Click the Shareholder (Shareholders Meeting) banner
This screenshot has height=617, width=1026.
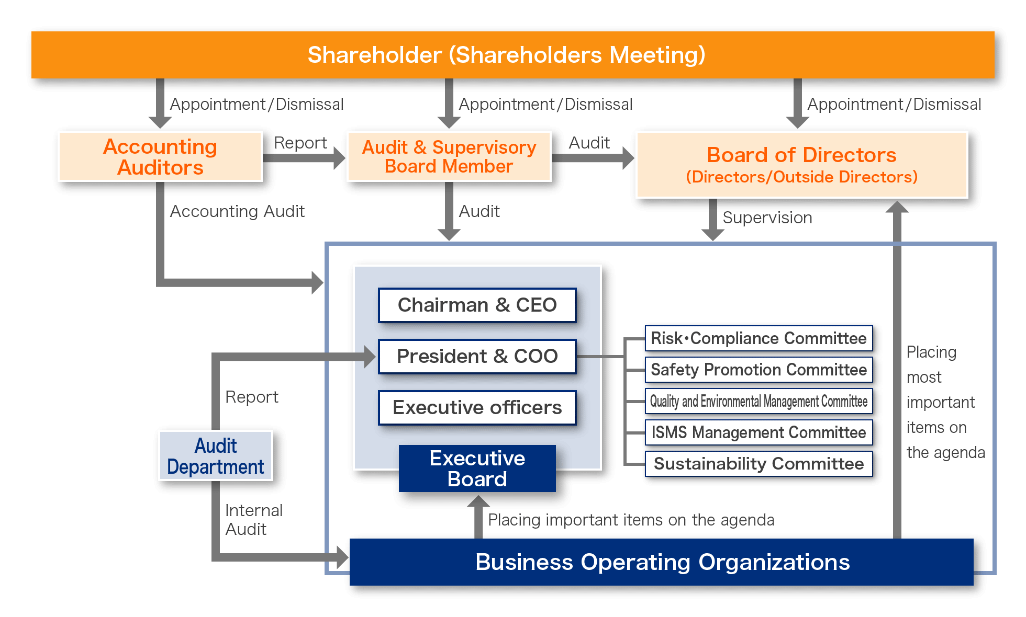tap(513, 55)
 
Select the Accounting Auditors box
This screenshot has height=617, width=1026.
tap(160, 156)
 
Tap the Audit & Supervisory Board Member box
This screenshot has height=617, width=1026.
tap(449, 156)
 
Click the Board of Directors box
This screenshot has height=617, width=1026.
tap(802, 165)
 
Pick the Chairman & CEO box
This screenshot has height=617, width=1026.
tap(477, 305)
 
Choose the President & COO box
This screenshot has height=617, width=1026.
tap(477, 356)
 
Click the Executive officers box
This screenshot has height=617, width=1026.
tap(477, 407)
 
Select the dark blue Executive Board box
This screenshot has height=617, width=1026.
tap(477, 469)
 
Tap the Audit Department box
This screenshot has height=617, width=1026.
tap(216, 456)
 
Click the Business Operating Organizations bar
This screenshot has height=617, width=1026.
tap(662, 562)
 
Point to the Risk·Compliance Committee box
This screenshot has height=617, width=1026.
tap(759, 338)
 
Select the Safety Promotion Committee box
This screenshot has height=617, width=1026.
tap(759, 370)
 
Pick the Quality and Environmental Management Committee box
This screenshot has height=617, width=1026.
tap(759, 401)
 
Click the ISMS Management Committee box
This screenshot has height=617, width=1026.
tap(759, 432)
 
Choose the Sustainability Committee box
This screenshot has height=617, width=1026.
tap(759, 464)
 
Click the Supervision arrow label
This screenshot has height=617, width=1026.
tap(767, 218)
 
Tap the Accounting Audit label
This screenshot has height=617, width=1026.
tap(237, 211)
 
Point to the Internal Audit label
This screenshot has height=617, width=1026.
tap(254, 520)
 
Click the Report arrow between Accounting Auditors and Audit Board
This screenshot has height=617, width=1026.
tap(304, 158)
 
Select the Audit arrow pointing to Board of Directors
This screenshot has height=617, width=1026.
tap(593, 158)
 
